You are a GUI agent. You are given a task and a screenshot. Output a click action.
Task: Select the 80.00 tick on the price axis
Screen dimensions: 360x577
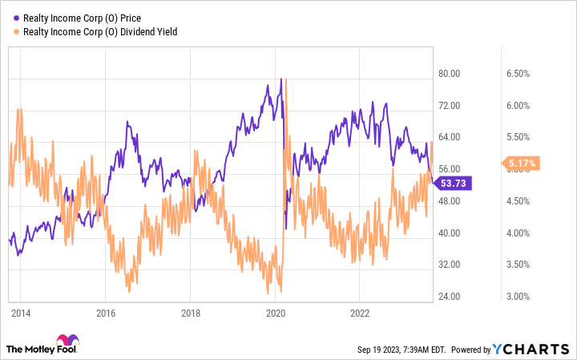coord(450,74)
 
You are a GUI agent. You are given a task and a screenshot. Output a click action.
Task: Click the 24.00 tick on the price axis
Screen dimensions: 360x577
coord(450,297)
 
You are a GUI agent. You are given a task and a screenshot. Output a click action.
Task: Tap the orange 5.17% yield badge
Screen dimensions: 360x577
coord(522,164)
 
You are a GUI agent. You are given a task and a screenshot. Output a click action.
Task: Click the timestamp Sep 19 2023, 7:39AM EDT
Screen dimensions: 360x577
coord(400,350)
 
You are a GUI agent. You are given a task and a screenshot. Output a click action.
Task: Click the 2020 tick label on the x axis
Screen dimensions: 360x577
coord(275,314)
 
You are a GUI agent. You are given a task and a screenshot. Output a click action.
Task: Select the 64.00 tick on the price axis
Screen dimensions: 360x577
coord(450,137)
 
